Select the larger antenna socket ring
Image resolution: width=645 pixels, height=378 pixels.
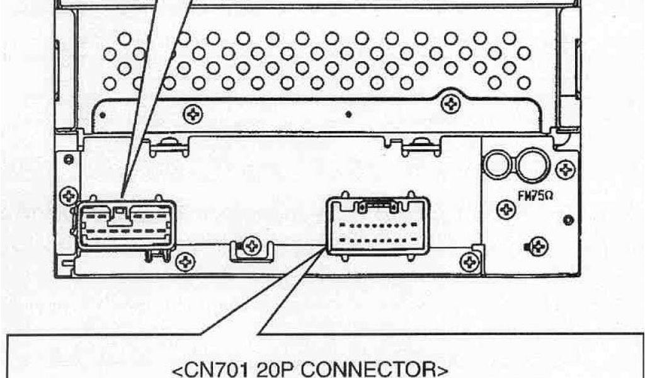532,164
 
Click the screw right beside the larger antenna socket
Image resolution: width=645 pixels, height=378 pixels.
566,168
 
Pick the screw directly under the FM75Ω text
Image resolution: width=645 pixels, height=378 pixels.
506,209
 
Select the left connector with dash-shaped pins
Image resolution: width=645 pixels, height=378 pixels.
127,225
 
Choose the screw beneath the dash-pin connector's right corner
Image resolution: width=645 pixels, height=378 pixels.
185,261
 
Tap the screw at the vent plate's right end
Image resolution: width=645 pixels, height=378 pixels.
450,104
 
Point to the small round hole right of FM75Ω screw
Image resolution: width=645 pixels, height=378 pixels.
569,220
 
